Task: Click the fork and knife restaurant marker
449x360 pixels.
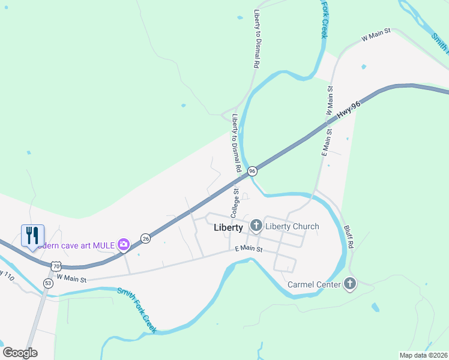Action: pyautogui.click(x=32, y=235)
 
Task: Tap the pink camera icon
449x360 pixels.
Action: pyautogui.click(x=124, y=244)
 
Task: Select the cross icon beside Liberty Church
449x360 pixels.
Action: pyautogui.click(x=256, y=226)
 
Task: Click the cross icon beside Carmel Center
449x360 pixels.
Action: pyautogui.click(x=349, y=284)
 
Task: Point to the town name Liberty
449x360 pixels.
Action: pyautogui.click(x=228, y=228)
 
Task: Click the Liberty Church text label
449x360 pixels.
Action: pyautogui.click(x=292, y=226)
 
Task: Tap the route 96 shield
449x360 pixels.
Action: pyautogui.click(x=253, y=171)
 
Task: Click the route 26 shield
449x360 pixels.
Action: pyautogui.click(x=145, y=238)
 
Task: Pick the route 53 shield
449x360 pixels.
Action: pyautogui.click(x=47, y=283)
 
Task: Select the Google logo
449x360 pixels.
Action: pyautogui.click(x=20, y=353)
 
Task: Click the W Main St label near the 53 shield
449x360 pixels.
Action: pyautogui.click(x=72, y=279)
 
